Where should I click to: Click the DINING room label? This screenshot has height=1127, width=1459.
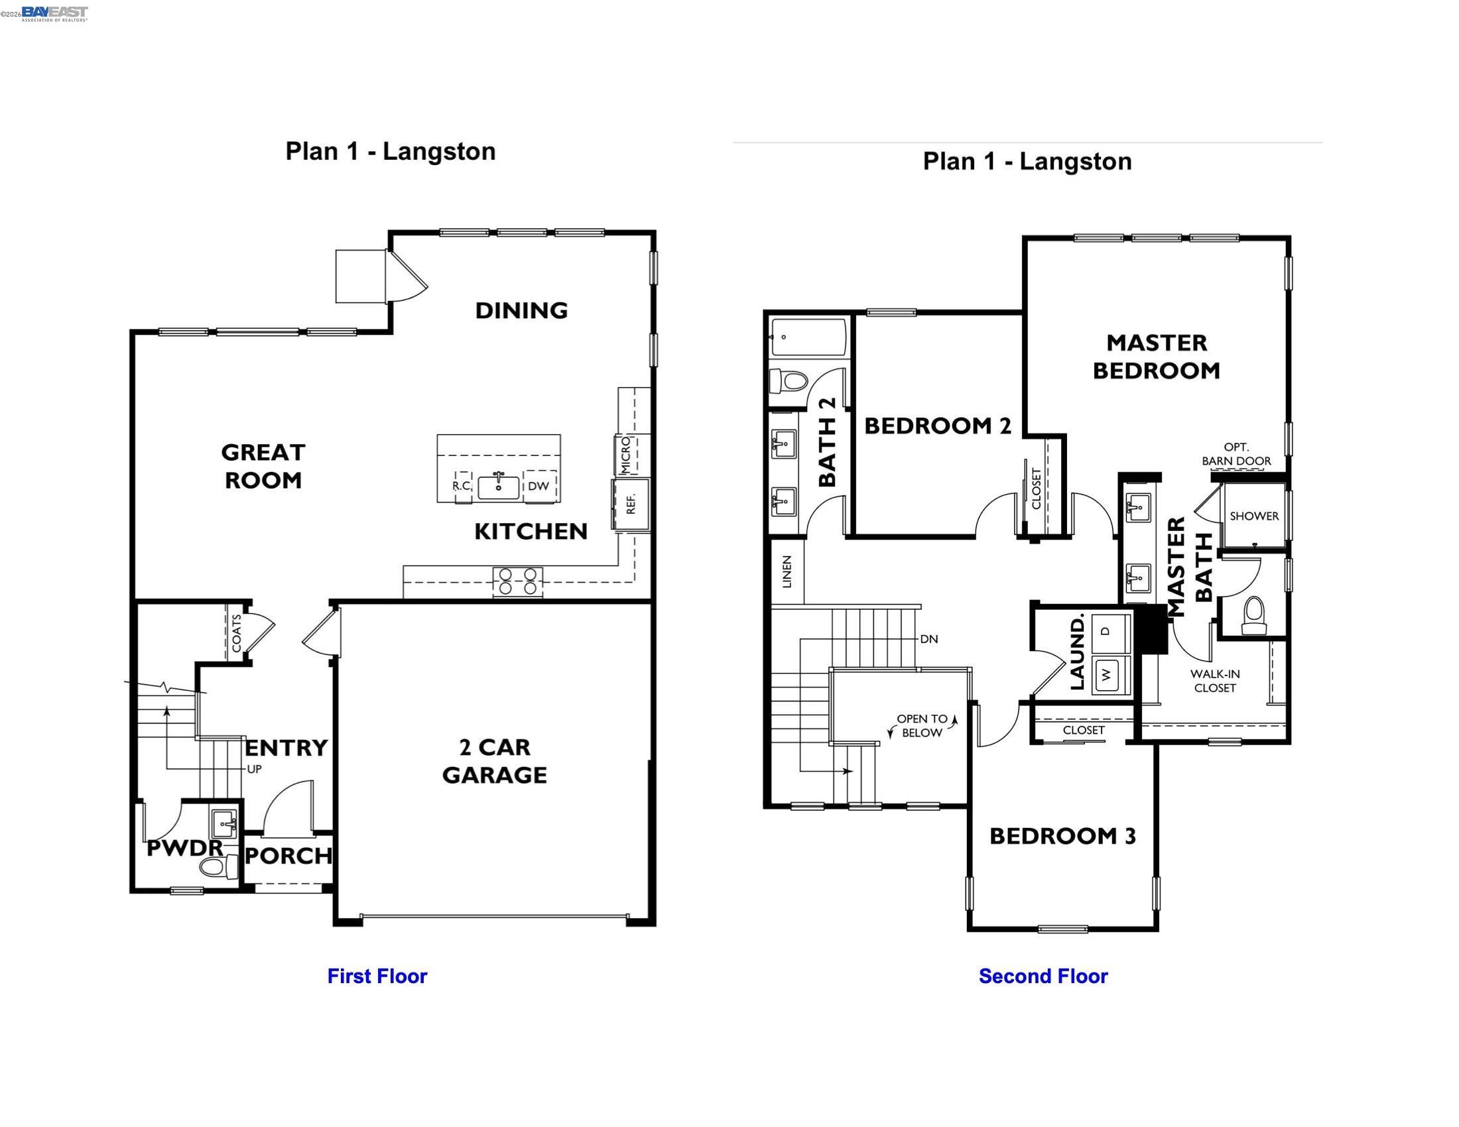521,310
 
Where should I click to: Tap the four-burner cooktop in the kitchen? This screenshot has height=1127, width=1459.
518,581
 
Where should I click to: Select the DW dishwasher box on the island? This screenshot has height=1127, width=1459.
539,486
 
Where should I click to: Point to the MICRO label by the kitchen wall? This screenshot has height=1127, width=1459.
626,455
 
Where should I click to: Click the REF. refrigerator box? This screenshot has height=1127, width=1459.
631,504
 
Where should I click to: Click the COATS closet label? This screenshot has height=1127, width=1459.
237,634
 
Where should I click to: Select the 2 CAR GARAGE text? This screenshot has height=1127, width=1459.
494,760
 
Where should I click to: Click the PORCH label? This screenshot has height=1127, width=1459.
288,856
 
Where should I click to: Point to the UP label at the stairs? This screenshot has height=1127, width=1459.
254,769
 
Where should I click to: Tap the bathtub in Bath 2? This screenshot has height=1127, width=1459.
808,338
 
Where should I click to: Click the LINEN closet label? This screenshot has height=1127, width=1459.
787,571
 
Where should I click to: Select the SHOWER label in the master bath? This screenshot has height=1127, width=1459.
1254,516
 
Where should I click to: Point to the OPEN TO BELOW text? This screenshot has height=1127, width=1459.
922,726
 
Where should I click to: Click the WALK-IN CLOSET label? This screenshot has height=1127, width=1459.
1214,681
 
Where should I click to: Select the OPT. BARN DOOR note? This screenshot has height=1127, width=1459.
1236,454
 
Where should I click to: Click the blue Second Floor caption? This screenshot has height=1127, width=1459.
1043,976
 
